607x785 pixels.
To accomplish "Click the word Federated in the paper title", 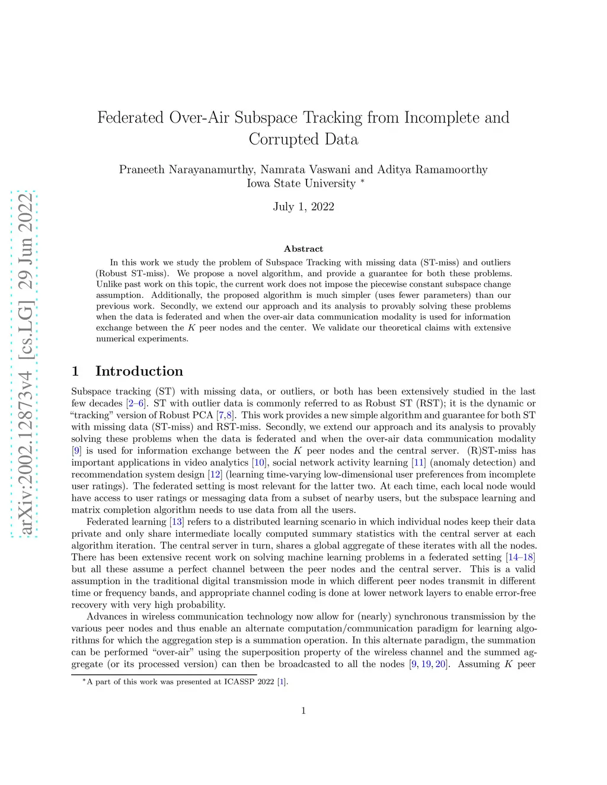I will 130,117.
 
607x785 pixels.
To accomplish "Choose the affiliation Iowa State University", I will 301,184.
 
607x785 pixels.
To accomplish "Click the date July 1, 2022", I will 303,207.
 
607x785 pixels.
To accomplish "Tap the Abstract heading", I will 303,249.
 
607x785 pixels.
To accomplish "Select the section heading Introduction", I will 139,371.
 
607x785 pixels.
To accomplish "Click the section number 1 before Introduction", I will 75,371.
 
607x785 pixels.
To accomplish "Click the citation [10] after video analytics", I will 259,463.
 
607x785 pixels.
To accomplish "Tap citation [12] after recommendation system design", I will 215,475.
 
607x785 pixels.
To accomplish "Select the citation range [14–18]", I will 520,557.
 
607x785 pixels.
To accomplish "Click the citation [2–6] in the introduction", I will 136,403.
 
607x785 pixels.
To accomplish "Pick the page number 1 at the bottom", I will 303,711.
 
